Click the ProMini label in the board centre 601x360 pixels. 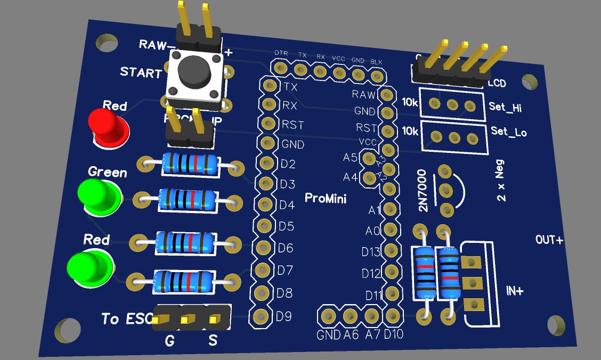point(326,199)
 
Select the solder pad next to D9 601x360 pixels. point(261,317)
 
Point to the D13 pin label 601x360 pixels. point(371,252)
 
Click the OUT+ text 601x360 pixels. point(549,240)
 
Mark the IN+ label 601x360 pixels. point(515,291)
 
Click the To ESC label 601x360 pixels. point(127,319)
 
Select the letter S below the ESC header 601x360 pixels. point(213,340)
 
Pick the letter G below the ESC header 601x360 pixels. point(169,341)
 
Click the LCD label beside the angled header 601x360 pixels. point(497,84)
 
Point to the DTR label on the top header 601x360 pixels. point(281,54)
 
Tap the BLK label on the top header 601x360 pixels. point(376,61)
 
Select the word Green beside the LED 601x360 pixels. point(108,172)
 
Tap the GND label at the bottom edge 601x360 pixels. point(328,336)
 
